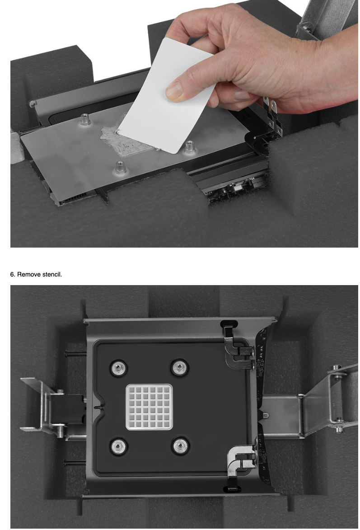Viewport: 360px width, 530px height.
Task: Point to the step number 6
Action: [x=13, y=274]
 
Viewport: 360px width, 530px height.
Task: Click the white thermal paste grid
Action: [x=149, y=407]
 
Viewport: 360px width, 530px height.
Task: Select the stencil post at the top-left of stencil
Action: [x=85, y=119]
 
